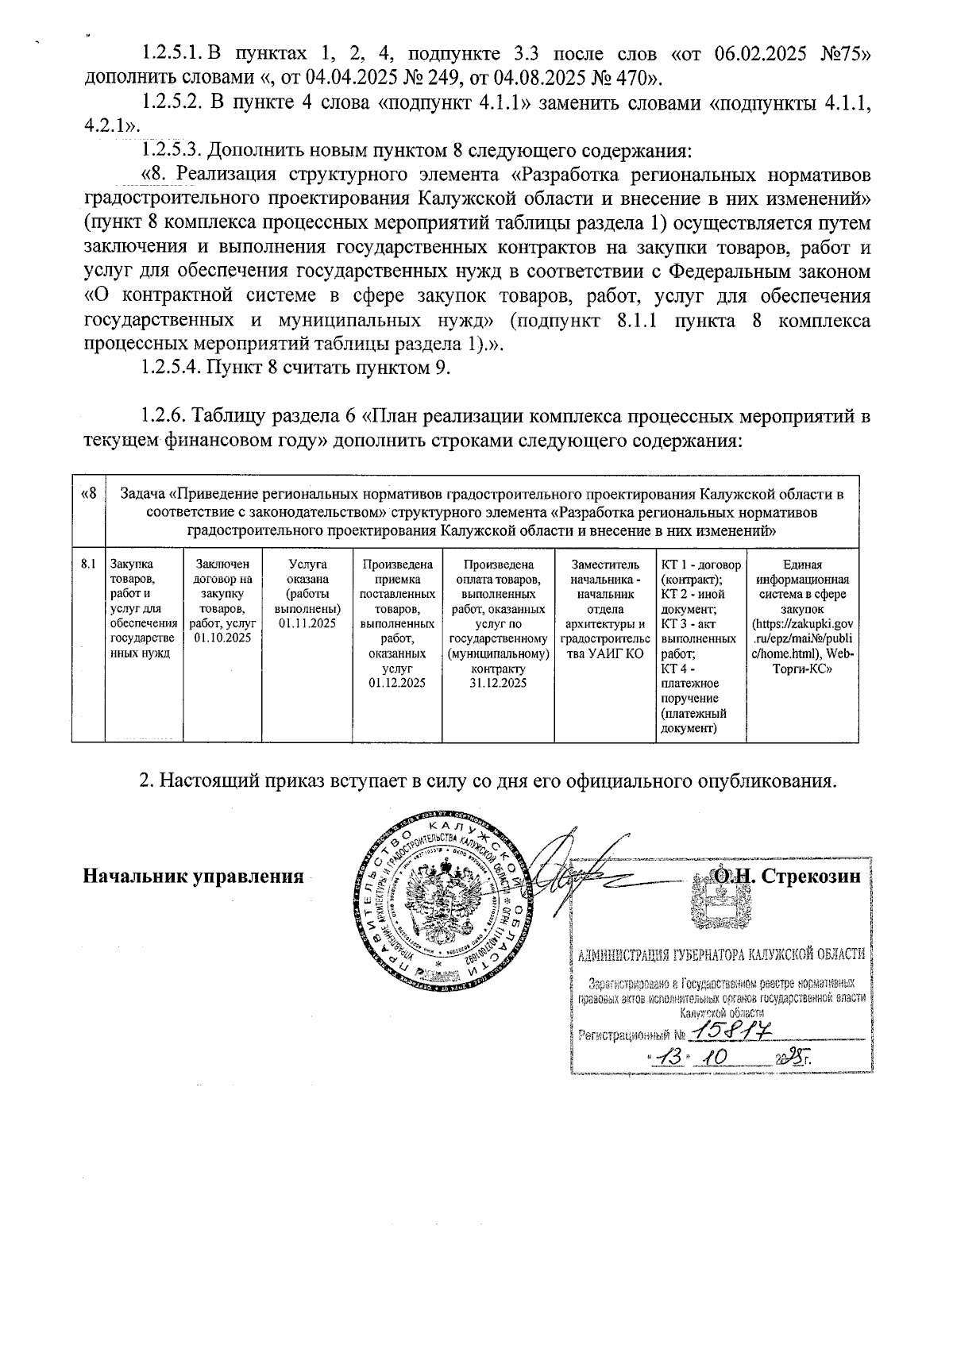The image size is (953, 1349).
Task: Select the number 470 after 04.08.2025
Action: tap(626, 79)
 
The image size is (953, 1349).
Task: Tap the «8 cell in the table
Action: tap(88, 494)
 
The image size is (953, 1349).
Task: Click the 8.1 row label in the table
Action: tap(88, 565)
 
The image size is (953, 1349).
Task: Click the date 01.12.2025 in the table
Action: tap(397, 683)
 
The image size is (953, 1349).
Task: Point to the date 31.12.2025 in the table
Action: tap(498, 683)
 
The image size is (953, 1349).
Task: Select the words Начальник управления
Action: tap(195, 877)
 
